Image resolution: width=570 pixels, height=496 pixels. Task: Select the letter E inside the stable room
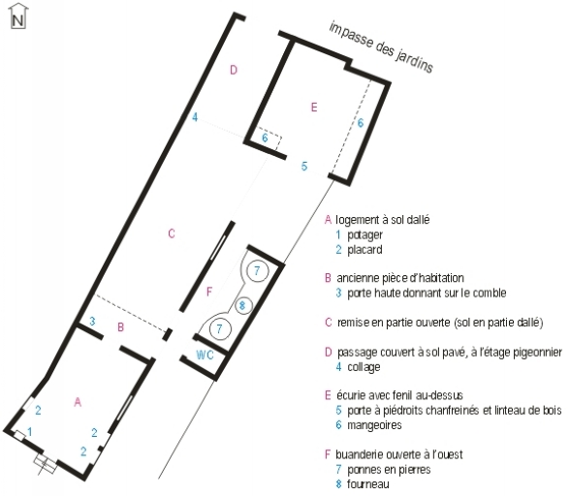tap(313, 107)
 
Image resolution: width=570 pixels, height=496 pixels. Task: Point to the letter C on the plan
tap(172, 233)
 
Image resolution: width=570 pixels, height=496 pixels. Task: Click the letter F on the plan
tap(208, 291)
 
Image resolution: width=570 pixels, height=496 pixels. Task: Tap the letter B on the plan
tap(120, 327)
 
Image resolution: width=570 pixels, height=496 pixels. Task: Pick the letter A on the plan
tap(79, 400)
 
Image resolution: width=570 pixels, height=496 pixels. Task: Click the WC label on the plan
tap(205, 356)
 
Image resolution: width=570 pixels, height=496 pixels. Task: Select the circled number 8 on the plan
tap(243, 305)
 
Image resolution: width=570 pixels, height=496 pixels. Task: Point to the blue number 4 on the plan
tap(195, 118)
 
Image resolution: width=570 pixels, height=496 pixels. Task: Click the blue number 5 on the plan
tap(304, 167)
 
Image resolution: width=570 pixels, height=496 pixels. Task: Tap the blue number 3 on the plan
tap(92, 322)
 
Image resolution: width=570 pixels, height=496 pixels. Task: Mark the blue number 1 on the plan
tap(29, 431)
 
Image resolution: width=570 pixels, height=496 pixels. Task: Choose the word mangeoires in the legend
tap(374, 424)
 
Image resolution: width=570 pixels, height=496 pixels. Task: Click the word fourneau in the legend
tap(369, 483)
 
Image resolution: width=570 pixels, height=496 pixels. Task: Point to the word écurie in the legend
tap(352, 395)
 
